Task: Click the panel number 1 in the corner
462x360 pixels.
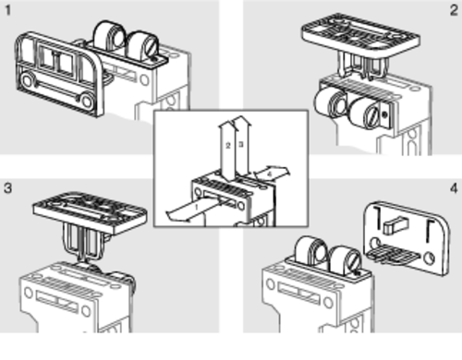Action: pyautogui.click(x=7, y=10)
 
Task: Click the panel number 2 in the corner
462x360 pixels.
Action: pyautogui.click(x=454, y=10)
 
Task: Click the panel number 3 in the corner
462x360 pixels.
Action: pyautogui.click(x=7, y=187)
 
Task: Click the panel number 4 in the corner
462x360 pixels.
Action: pyautogui.click(x=454, y=188)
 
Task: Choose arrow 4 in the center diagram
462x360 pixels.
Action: pyautogui.click(x=271, y=174)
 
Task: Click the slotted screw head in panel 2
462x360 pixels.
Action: pyautogui.click(x=372, y=114)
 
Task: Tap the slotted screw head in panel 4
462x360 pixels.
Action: pyautogui.click(x=353, y=260)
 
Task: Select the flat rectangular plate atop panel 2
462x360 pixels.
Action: pyautogui.click(x=361, y=35)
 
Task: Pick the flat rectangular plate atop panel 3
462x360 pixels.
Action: pyautogui.click(x=90, y=213)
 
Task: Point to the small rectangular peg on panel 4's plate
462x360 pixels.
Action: pyautogui.click(x=395, y=225)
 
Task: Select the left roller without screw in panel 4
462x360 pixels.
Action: pyautogui.click(x=311, y=251)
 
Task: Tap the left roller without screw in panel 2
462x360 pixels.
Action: pyautogui.click(x=331, y=103)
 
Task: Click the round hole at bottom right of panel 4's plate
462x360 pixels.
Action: pyautogui.click(x=430, y=258)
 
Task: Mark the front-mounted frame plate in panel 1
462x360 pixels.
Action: pyautogui.click(x=58, y=74)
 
